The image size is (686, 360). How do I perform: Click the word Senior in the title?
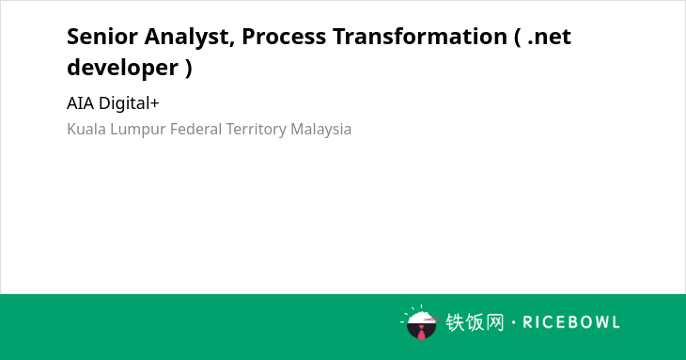(102, 37)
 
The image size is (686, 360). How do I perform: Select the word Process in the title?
(284, 37)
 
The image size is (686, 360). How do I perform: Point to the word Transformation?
(419, 37)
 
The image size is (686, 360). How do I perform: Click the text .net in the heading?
(549, 38)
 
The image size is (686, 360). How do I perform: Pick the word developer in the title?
(122, 69)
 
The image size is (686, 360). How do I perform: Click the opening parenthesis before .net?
(518, 38)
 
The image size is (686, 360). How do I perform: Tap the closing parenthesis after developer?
(189, 69)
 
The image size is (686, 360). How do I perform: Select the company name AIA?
(80, 103)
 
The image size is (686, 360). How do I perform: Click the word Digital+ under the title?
(129, 103)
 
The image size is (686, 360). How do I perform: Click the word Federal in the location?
(196, 130)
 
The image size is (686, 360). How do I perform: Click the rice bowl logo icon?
(421, 322)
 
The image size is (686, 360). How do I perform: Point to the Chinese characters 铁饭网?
(475, 322)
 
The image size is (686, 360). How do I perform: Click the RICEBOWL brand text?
(571, 322)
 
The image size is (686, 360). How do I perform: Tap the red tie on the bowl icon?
(421, 333)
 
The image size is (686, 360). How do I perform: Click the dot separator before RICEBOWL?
(513, 322)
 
